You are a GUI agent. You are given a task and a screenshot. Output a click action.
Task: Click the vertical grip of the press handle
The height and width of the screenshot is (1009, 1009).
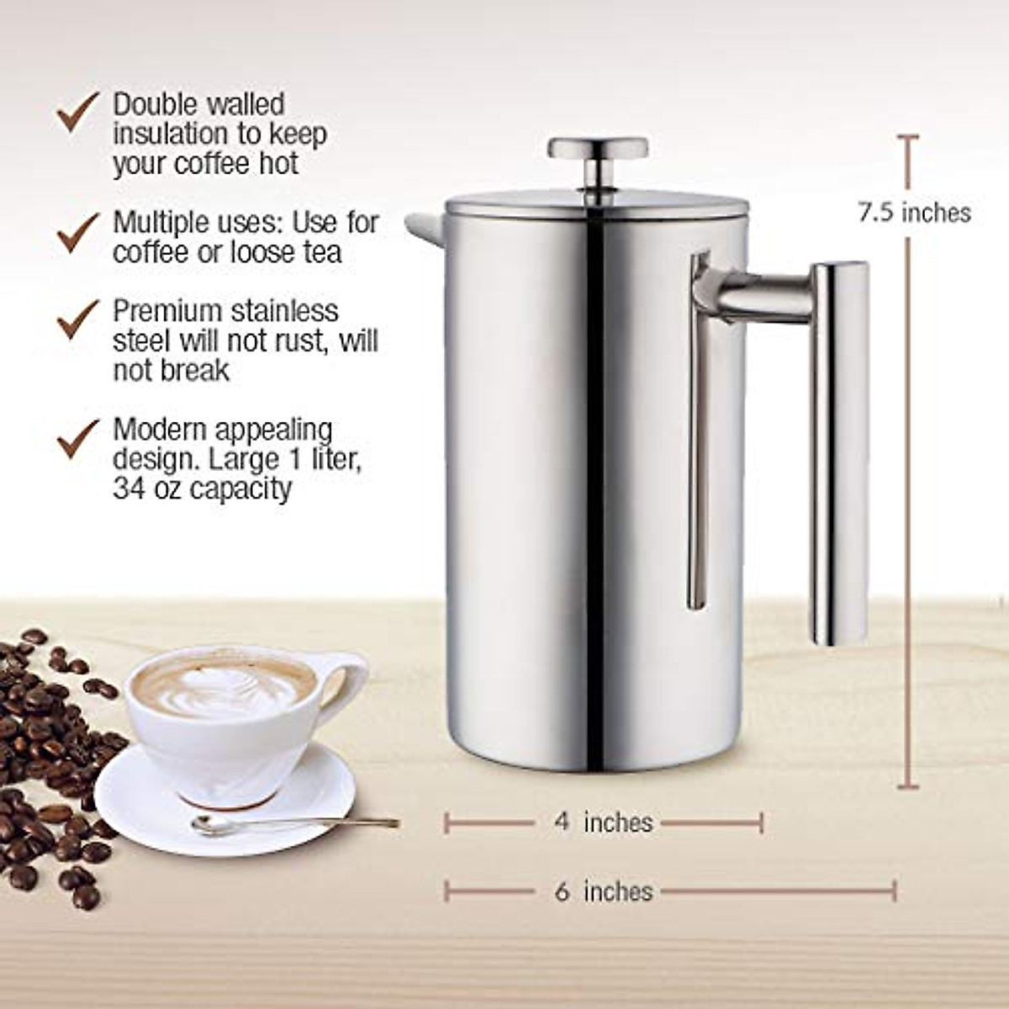point(838,454)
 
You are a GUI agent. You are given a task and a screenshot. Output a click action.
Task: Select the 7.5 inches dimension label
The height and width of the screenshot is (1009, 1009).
point(914,212)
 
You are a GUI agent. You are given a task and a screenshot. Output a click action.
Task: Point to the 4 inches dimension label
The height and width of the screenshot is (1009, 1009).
point(603,821)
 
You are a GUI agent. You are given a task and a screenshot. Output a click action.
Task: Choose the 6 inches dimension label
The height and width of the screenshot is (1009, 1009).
point(603,891)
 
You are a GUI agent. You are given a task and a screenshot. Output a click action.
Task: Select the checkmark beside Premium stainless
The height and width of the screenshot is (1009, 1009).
point(78,320)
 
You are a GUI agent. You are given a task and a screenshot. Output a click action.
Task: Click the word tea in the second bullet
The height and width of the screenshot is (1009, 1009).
point(320,251)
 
